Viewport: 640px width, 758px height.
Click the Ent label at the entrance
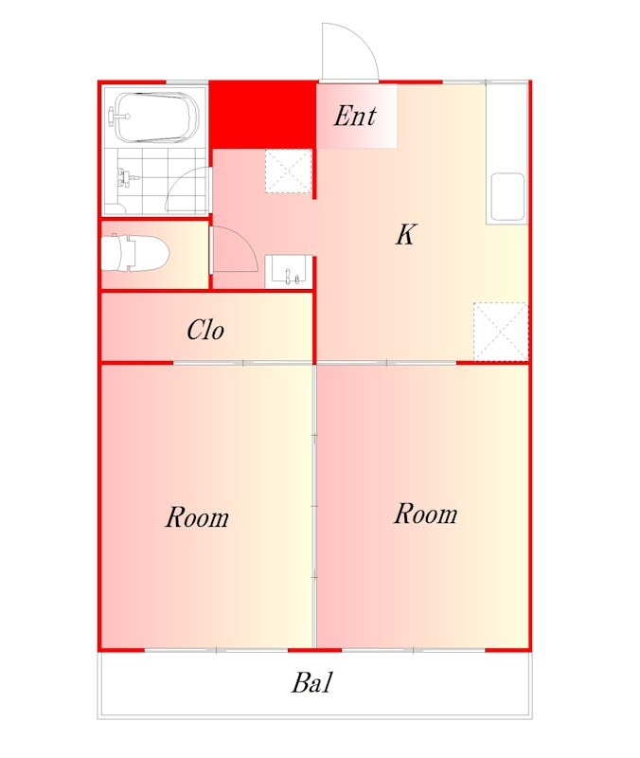(x=355, y=116)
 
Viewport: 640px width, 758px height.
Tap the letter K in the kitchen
(x=405, y=234)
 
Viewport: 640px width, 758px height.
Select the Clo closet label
(x=205, y=330)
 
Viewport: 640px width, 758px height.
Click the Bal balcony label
(x=312, y=682)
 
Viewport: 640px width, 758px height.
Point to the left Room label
(x=197, y=516)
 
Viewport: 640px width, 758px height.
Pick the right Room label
(x=425, y=514)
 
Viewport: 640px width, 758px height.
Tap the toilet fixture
(x=135, y=252)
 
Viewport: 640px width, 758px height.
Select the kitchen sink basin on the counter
(x=507, y=196)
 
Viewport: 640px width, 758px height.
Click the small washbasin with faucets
(x=289, y=271)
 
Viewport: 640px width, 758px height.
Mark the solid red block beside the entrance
(x=263, y=116)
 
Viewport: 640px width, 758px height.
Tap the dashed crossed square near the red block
(x=289, y=171)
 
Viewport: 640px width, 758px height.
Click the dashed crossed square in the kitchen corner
(x=501, y=332)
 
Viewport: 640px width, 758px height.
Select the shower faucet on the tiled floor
(x=126, y=178)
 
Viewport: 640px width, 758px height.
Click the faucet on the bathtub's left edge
(x=118, y=116)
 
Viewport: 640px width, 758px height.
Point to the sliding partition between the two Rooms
(x=315, y=506)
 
